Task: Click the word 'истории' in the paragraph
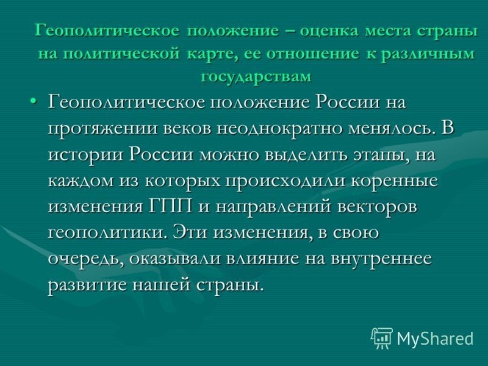[85, 154]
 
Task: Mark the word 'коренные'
[394, 181]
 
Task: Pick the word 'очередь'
[84, 259]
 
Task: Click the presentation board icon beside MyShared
[382, 338]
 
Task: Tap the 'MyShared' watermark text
[436, 339]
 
